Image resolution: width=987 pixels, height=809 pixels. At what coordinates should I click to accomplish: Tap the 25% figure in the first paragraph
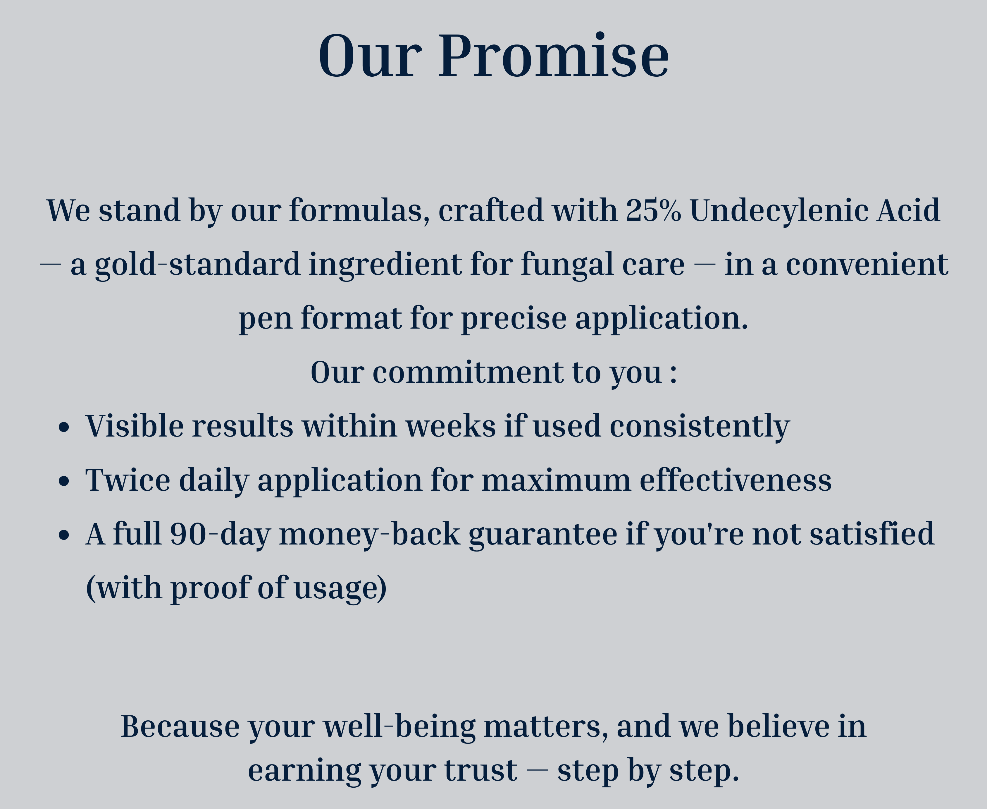coord(654,210)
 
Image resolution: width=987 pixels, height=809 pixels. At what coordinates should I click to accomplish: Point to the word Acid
coord(908,210)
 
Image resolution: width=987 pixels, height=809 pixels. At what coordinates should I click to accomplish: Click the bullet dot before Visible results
coord(64,427)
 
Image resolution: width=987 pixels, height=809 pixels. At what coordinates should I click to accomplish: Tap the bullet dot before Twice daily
coord(64,481)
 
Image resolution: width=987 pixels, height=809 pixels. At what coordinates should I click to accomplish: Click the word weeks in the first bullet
coord(451,426)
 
